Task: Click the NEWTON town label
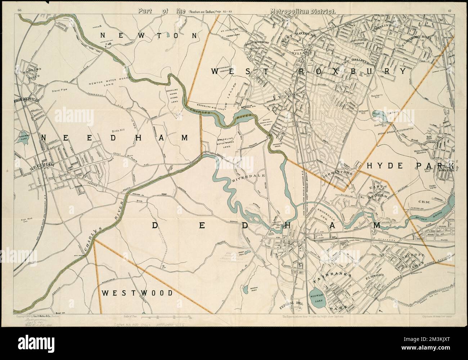pos(149,35)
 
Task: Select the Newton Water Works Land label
pos(104,83)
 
